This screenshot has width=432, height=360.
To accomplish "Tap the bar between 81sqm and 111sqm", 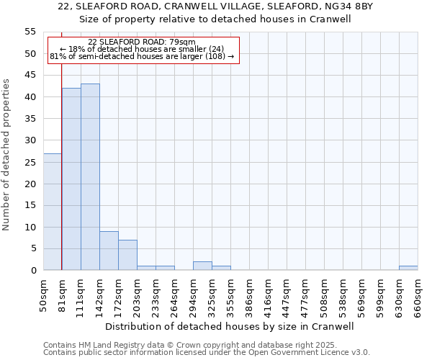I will click(71, 179).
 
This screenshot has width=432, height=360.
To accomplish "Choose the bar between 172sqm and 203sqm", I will click(127, 255).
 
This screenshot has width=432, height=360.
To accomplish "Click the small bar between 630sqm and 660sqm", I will click(408, 268).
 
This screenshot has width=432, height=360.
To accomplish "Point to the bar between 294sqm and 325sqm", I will click(202, 266).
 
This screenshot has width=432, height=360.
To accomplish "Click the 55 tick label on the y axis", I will click(30, 32).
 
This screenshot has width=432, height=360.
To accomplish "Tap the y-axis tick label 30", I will click(30, 140).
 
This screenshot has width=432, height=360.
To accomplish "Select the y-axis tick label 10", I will click(30, 228).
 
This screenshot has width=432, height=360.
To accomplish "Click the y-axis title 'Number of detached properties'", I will click(7, 155).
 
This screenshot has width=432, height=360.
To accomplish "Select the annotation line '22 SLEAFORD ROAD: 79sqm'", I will click(142, 42).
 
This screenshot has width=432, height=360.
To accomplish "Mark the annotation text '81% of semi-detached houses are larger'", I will click(137, 56).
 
